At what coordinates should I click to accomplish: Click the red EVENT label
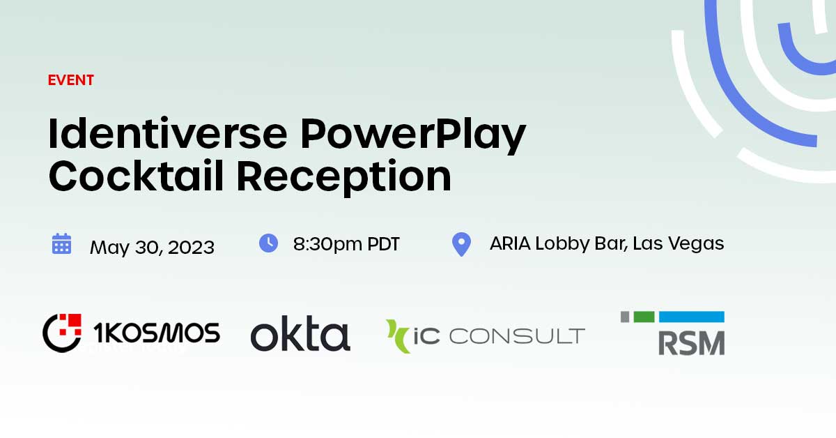click(x=70, y=80)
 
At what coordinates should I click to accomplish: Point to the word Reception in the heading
click(x=343, y=177)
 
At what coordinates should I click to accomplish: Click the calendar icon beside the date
click(x=62, y=244)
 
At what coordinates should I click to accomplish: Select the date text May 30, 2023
click(x=152, y=247)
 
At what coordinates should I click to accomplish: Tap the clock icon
click(x=268, y=243)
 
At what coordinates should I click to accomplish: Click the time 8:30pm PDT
click(x=346, y=244)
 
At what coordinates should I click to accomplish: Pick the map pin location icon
click(x=461, y=245)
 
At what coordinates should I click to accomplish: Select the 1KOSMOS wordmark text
click(x=157, y=333)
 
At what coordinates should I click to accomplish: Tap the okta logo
click(x=300, y=335)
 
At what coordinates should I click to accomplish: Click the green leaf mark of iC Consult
click(x=399, y=335)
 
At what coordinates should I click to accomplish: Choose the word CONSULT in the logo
click(x=516, y=336)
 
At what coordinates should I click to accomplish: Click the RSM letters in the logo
click(x=692, y=342)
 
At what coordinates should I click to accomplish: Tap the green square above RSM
click(x=644, y=317)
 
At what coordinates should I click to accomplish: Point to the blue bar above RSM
click(x=692, y=317)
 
